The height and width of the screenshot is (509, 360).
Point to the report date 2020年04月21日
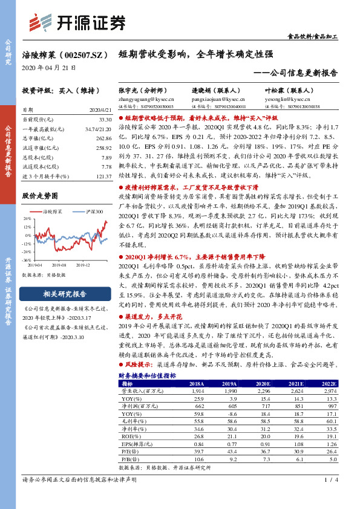click(49, 67)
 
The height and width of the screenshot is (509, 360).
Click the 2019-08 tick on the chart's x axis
click(59, 264)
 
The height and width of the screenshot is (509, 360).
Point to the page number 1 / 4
click(330, 497)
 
